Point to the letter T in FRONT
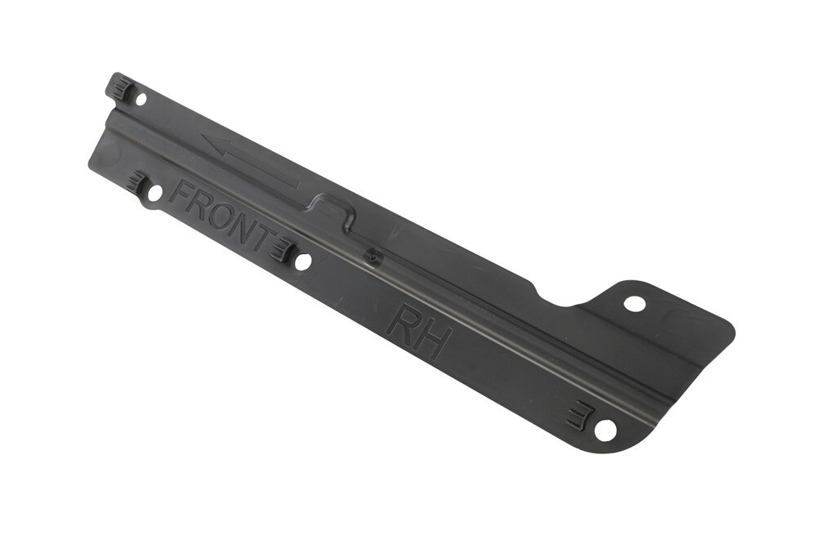262,235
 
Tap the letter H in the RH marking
431,339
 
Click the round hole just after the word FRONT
303,261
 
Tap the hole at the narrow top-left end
141,99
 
